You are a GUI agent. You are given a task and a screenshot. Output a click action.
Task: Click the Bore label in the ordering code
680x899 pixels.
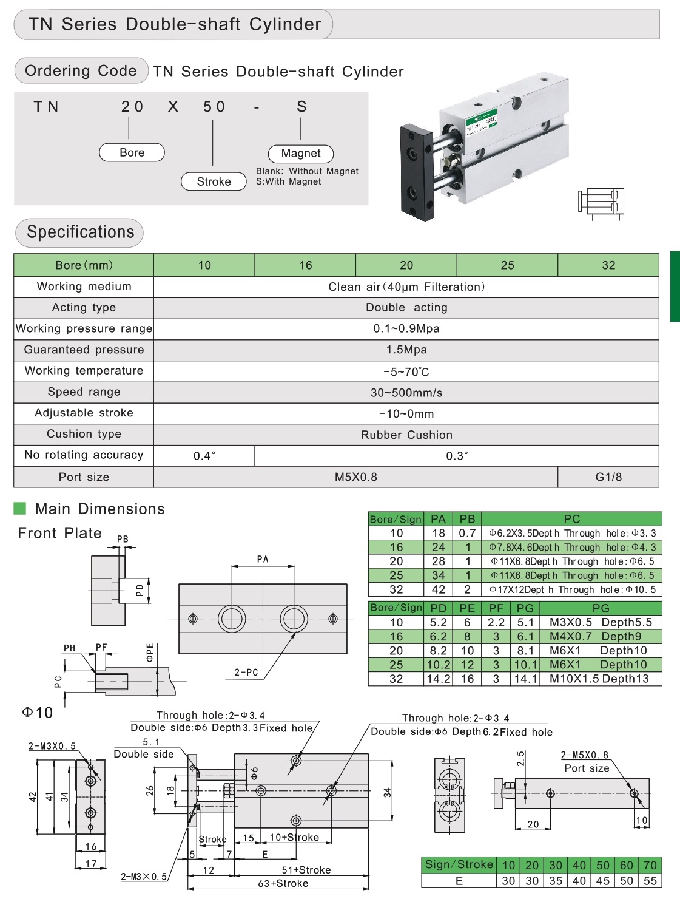(x=132, y=152)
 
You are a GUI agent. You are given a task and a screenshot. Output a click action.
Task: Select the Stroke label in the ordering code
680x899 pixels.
(x=214, y=181)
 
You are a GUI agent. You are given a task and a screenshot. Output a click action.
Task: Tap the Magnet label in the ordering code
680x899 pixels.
(x=301, y=154)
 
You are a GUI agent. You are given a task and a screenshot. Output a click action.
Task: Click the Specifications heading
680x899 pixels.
(x=80, y=232)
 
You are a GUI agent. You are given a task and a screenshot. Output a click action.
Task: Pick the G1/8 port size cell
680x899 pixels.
(x=608, y=477)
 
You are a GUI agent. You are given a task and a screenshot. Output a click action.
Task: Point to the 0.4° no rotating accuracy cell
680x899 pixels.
(x=204, y=456)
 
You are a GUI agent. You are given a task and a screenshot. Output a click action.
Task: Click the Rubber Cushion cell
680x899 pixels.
(x=406, y=435)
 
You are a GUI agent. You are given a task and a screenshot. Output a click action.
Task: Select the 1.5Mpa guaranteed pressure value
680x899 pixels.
(x=406, y=350)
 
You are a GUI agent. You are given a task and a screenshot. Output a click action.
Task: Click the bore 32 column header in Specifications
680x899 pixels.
(x=608, y=265)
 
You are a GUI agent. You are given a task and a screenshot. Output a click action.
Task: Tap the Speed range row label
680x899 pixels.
(x=84, y=392)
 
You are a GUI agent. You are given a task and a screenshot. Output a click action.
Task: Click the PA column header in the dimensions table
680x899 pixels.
(x=438, y=519)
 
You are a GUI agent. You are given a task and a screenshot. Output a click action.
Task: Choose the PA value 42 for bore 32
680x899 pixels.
(x=438, y=589)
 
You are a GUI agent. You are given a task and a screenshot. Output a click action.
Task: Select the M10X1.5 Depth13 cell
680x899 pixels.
(x=599, y=679)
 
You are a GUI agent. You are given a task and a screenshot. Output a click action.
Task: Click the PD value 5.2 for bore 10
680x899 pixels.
(x=438, y=622)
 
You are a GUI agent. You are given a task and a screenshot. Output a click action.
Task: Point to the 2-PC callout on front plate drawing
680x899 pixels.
(x=246, y=672)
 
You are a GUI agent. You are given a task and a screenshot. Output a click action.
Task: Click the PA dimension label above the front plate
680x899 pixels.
(x=263, y=559)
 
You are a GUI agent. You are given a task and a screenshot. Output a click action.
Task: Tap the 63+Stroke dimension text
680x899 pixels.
(x=283, y=883)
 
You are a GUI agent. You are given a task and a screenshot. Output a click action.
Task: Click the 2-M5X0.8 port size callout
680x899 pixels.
(x=584, y=755)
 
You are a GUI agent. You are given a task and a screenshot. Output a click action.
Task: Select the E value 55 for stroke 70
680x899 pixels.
(x=650, y=881)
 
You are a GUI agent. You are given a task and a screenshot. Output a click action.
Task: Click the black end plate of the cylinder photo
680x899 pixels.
(x=417, y=171)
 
